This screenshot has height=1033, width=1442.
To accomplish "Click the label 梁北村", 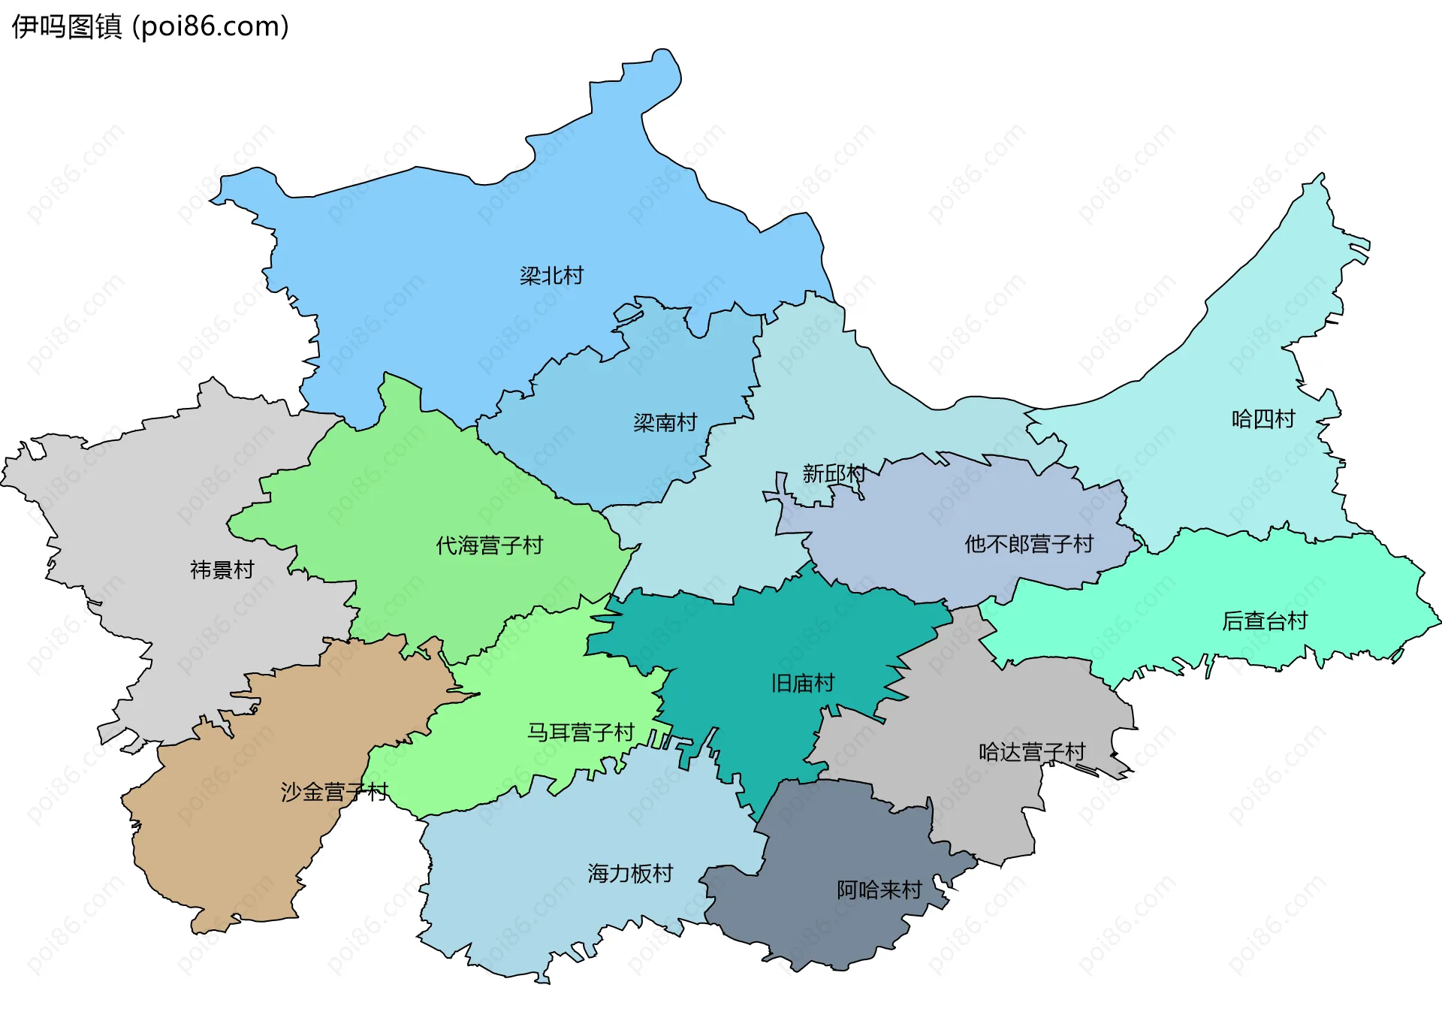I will pos(551,276).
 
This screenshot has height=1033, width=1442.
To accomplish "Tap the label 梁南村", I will pos(665,423).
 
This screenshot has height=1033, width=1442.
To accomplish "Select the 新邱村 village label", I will pos(834,473).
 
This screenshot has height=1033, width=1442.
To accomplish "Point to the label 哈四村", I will pos(1263,419).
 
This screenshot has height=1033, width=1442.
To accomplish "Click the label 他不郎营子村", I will pos(1029,544).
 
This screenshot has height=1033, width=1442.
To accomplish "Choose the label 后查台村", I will pos(1265,621).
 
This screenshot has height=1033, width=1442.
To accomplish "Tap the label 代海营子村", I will pos(489,545).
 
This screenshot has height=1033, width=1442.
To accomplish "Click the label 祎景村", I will pos(222,570).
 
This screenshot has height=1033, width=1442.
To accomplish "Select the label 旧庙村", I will pos(802,684).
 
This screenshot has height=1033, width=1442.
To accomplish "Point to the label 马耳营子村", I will pos(581,732).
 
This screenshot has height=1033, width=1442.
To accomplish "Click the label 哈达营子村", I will pos(1032,752).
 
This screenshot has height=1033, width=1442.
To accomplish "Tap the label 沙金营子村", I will pos(334,792).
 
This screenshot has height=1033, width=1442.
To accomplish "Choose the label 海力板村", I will pos(630,874).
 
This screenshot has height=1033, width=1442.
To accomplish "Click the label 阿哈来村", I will pos(879,890).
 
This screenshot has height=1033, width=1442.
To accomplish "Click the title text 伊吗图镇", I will pos(66,27).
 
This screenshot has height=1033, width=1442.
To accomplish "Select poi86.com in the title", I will pos(211,27).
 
